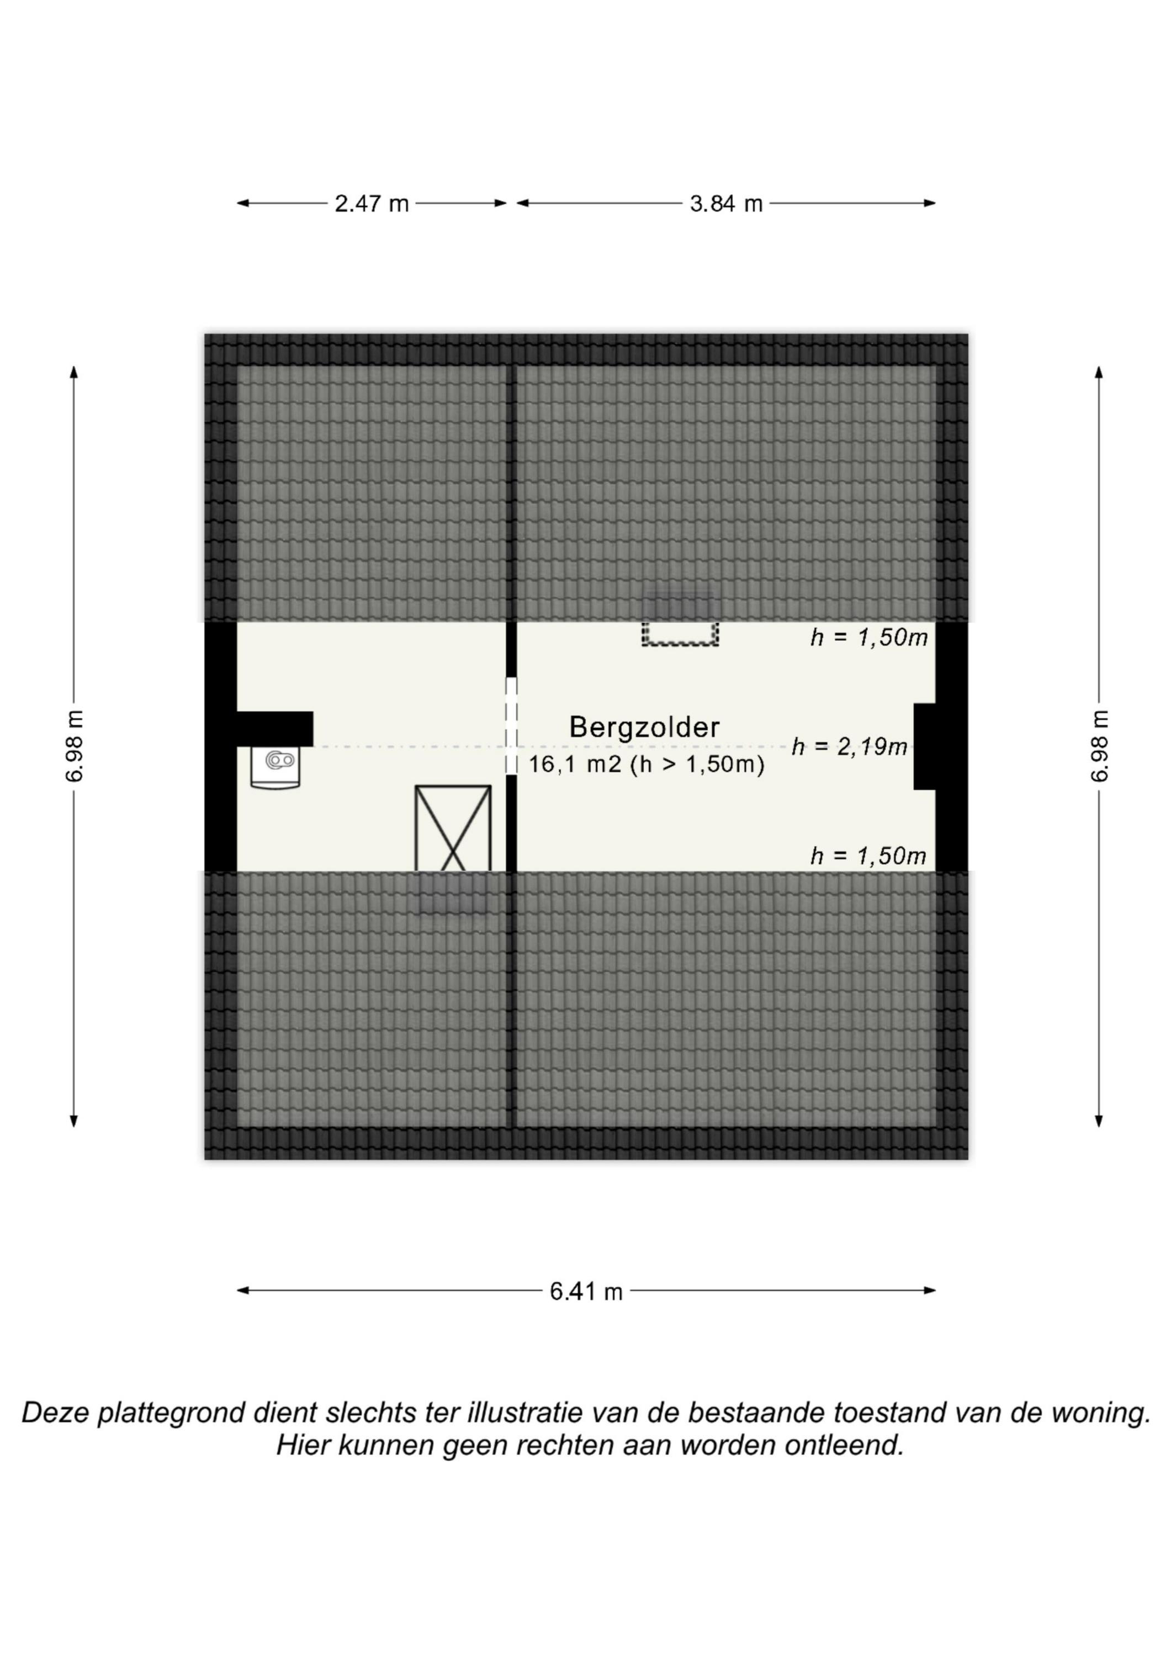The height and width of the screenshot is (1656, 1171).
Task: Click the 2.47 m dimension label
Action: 372,204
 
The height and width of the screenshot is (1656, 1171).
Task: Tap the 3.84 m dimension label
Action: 726,204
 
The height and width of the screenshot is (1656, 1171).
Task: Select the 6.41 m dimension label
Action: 586,1291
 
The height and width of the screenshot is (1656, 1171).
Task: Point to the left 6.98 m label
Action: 75,746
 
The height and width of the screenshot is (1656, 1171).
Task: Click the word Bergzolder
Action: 644,727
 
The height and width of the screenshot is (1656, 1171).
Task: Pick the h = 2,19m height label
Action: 849,746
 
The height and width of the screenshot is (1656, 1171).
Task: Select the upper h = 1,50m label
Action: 868,638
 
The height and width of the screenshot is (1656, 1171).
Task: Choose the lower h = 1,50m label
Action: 868,856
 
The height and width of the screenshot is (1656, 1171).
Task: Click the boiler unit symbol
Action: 275,767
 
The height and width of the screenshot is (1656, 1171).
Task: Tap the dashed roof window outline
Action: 680,633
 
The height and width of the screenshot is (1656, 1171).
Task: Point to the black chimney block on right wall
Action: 925,746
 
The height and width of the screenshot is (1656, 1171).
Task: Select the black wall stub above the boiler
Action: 275,729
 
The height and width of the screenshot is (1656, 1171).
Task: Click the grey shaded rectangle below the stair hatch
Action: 454,894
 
